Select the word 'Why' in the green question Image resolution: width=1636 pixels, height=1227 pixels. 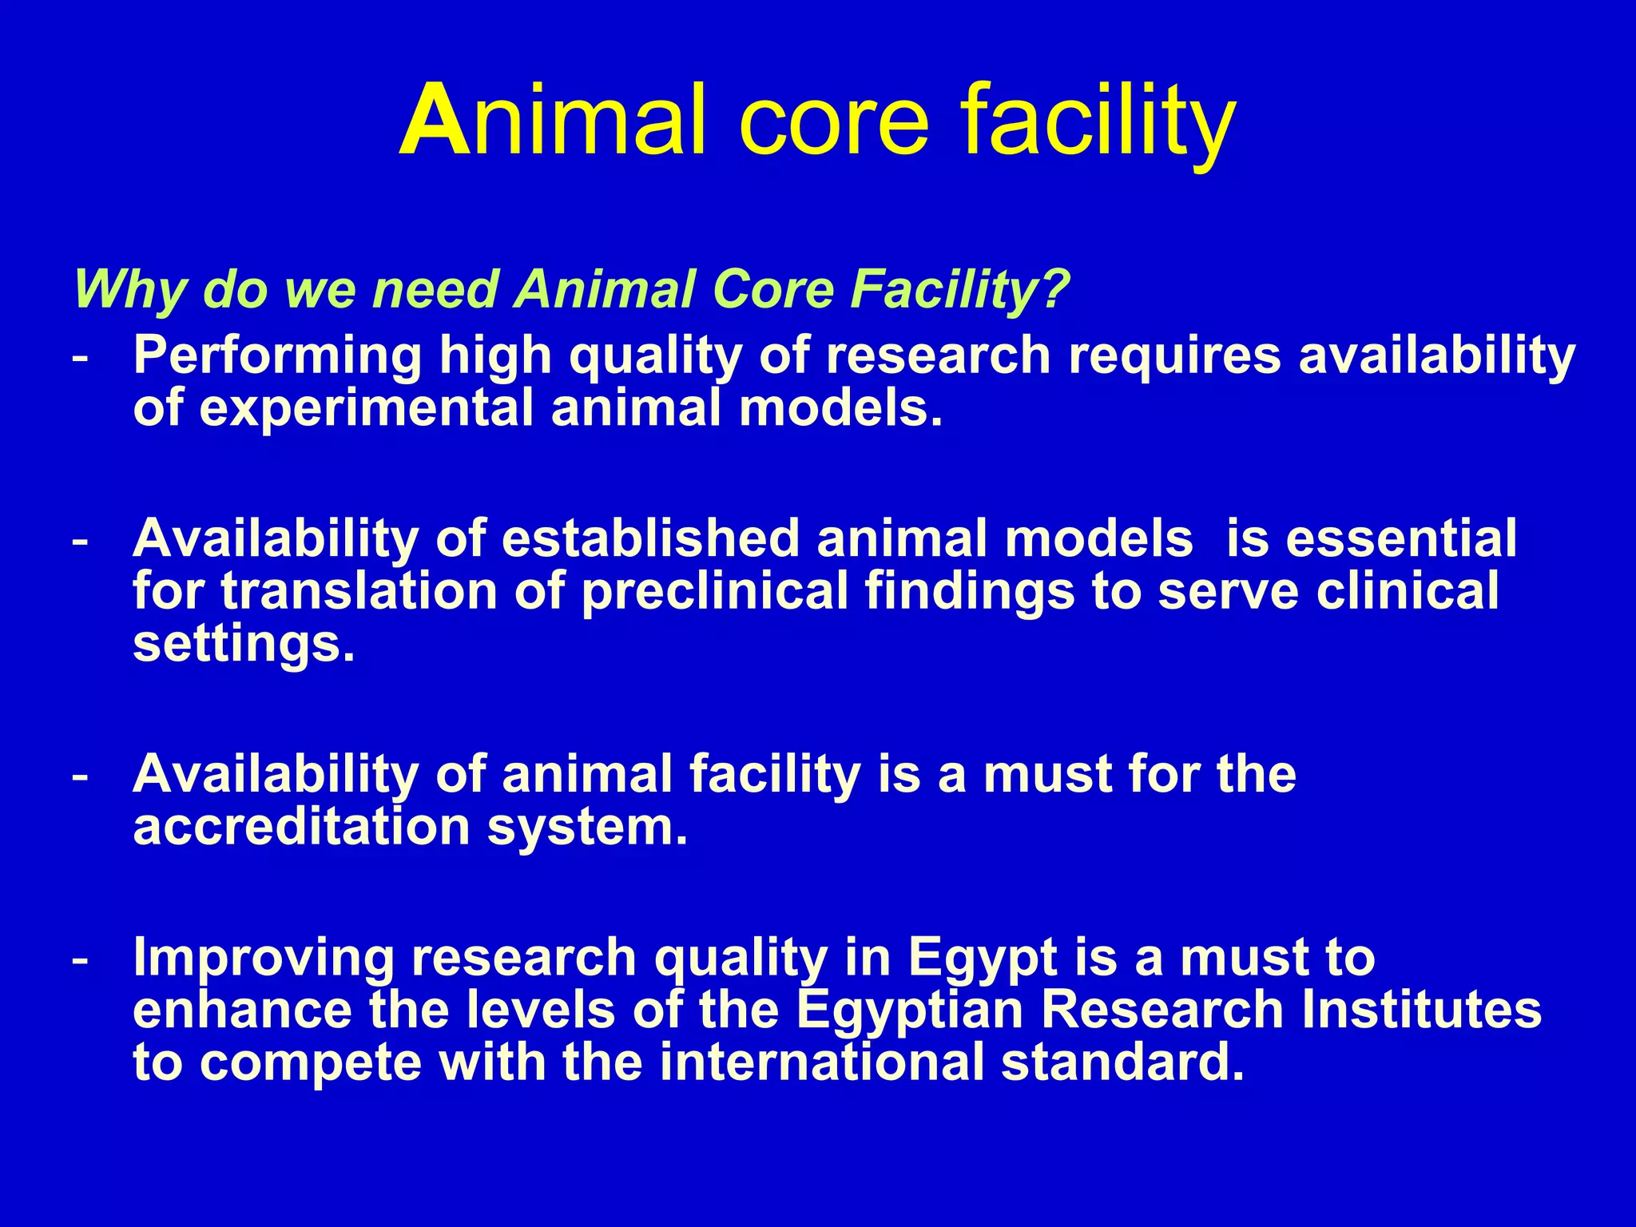[128, 289]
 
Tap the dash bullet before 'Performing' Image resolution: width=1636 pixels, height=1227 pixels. [80, 357]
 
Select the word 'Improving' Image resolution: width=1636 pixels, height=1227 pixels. [264, 958]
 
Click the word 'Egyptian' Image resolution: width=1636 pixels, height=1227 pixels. [910, 1010]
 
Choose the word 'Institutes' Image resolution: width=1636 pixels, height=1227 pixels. [1421, 1010]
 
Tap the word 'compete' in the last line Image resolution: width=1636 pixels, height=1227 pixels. [311, 1064]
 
